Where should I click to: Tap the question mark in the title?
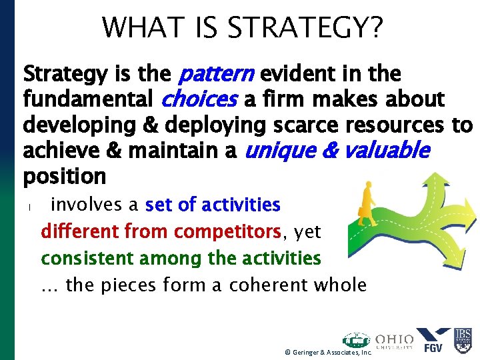(x=375, y=27)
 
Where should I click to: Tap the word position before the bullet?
(x=65, y=177)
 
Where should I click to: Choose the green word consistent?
(x=83, y=258)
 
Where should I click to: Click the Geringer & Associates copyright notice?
(x=327, y=353)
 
